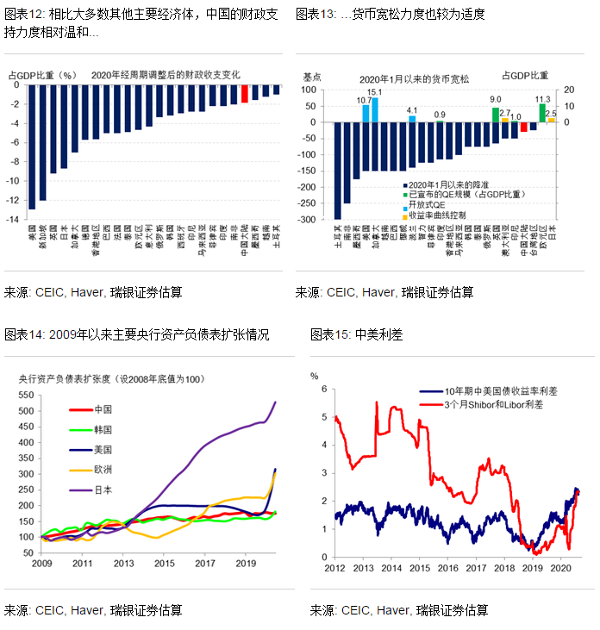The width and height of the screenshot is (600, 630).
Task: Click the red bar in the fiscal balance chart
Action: [245, 94]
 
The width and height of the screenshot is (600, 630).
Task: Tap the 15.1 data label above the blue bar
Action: [375, 92]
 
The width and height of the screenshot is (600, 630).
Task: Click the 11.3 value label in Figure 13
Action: [541, 99]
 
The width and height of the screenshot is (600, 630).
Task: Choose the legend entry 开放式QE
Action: [428, 205]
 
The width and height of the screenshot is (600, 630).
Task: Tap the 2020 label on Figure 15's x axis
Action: [561, 570]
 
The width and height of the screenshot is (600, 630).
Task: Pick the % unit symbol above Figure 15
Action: [315, 376]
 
